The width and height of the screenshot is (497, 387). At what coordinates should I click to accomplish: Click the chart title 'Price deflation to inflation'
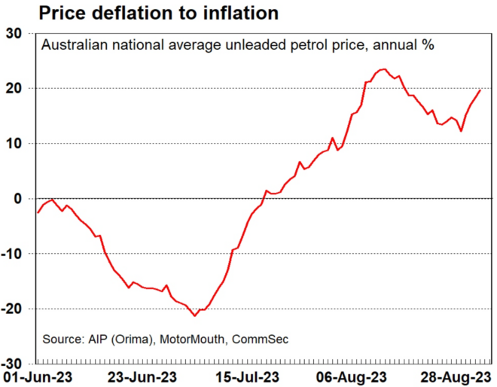pyautogui.click(x=139, y=13)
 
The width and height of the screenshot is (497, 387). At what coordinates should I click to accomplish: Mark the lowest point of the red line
pyautogui.click(x=195, y=315)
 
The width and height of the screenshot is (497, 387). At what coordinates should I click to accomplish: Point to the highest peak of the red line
pyautogui.click(x=385, y=69)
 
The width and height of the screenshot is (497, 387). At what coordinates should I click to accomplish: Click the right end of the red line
pyautogui.click(x=480, y=90)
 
